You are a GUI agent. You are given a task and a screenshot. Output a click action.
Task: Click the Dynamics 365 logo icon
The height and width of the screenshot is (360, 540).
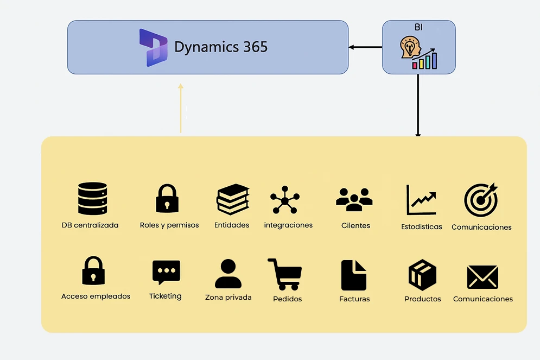click(x=153, y=48)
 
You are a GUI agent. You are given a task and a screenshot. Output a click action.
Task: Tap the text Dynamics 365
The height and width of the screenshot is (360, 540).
click(x=221, y=47)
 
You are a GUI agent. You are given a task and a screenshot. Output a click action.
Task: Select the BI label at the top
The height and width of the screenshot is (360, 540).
click(x=418, y=27)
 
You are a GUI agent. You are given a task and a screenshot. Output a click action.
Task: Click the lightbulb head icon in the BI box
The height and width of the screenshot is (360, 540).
click(x=410, y=48)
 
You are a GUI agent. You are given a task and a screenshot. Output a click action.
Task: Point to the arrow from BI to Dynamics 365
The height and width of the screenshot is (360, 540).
click(x=365, y=47)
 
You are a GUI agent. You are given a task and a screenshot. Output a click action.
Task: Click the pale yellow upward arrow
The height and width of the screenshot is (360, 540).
click(x=181, y=108)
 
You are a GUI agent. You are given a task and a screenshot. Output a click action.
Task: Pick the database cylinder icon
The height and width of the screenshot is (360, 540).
click(x=92, y=198)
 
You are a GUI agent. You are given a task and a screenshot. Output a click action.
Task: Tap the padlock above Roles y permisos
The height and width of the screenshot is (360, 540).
click(x=167, y=198)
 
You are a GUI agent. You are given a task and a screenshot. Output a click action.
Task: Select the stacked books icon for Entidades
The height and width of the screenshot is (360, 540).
click(x=233, y=199)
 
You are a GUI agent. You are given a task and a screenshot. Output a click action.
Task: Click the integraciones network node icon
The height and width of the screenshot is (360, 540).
click(x=285, y=200)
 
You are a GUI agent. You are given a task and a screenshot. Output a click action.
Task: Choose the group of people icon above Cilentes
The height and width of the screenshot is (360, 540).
click(x=354, y=199)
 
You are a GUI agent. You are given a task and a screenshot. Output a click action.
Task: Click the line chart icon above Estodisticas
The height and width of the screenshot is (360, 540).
click(x=421, y=200)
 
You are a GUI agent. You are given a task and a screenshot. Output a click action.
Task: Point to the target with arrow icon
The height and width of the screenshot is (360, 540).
click(x=481, y=199)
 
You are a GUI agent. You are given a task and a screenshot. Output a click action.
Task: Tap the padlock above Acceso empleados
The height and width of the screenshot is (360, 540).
click(x=93, y=270)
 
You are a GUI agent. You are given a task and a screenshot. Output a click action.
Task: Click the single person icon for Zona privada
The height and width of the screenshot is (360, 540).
click(x=228, y=274)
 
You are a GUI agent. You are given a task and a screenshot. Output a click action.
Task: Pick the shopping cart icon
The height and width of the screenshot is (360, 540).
click(x=285, y=274)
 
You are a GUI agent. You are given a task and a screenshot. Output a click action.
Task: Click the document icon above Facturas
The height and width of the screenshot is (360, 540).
click(x=354, y=275)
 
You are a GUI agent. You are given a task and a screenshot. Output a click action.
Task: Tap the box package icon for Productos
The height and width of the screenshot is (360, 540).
click(x=422, y=275)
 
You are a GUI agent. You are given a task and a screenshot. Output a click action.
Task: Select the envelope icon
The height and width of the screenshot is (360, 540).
click(x=482, y=276)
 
